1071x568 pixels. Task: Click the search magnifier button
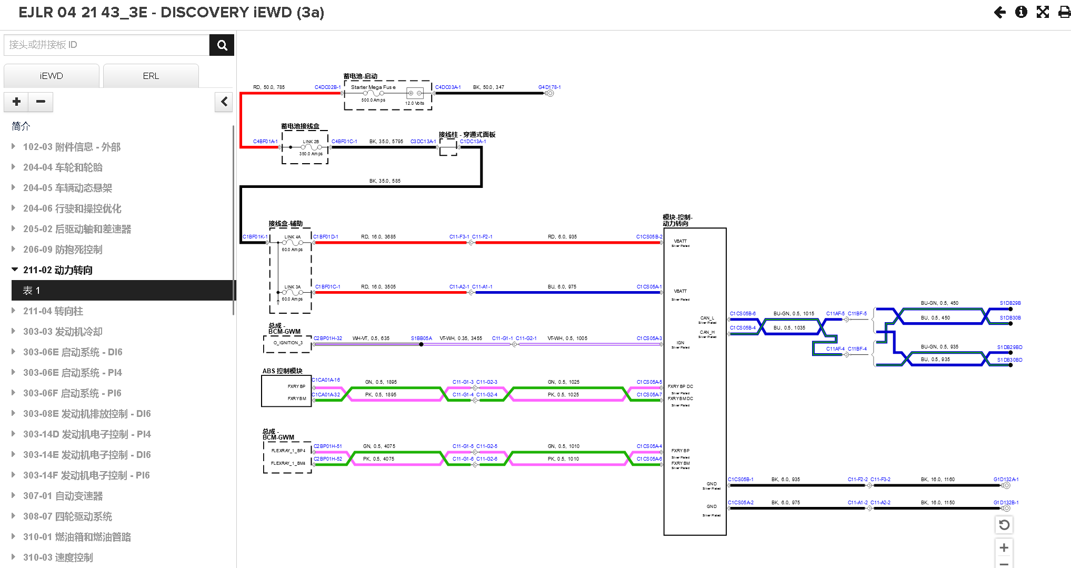coord(222,45)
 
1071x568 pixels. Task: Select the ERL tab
coord(151,76)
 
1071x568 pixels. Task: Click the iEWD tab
coord(51,76)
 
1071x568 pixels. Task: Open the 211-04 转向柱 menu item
coord(53,311)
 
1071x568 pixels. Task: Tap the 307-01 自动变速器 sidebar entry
coord(63,496)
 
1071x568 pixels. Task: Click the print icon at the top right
coord(1064,12)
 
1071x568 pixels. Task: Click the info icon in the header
coord(1021,12)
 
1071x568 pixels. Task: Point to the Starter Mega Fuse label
coord(373,87)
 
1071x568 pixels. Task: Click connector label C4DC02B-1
coord(327,87)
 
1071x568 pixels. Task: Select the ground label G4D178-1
coord(549,87)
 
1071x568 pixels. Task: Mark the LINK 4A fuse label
coord(293,237)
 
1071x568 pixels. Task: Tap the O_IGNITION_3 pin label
coord(288,343)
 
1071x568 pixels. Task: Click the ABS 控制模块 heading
coord(282,371)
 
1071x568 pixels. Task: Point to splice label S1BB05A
coord(421,338)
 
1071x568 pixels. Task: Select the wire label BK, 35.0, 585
coord(385,181)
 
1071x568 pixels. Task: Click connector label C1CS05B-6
coord(743,314)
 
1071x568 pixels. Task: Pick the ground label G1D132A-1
coord(1006,480)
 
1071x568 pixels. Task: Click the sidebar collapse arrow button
coord(224,102)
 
